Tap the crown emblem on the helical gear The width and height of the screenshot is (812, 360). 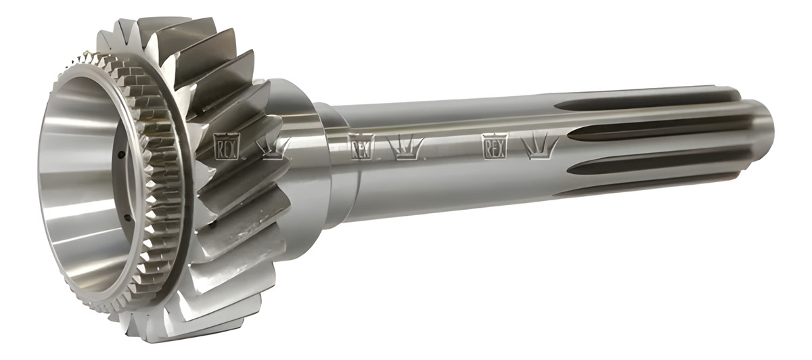pyautogui.click(x=274, y=148)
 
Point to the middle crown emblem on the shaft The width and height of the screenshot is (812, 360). pyautogui.click(x=405, y=147)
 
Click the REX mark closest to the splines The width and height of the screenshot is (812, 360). pyautogui.click(x=495, y=145)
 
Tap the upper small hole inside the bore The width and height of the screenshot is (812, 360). pyautogui.click(x=120, y=154)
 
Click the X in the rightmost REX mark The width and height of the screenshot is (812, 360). pyautogui.click(x=502, y=145)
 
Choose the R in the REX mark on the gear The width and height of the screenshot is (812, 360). pyautogui.click(x=218, y=145)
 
